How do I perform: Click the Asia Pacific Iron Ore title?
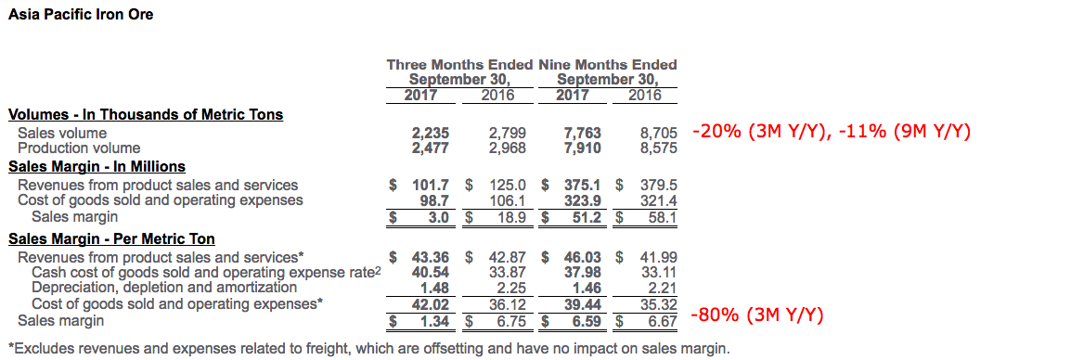(x=81, y=14)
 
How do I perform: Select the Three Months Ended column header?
(x=459, y=65)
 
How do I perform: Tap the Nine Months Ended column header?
(x=607, y=65)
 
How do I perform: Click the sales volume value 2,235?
(x=430, y=134)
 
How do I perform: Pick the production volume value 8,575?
(x=657, y=148)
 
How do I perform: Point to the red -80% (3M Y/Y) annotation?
(x=757, y=315)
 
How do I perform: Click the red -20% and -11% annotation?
(x=831, y=132)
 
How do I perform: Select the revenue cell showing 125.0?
(x=509, y=185)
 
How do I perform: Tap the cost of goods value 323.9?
(x=583, y=200)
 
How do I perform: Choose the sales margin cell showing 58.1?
(x=659, y=217)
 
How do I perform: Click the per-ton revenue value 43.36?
(x=431, y=258)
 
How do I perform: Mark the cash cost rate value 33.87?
(x=508, y=273)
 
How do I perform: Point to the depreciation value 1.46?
(x=587, y=288)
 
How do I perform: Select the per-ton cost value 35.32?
(x=658, y=303)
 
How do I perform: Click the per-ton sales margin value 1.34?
(x=435, y=319)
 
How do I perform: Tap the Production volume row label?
(x=79, y=148)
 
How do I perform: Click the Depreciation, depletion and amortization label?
(x=164, y=288)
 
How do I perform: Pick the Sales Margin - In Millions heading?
(x=97, y=167)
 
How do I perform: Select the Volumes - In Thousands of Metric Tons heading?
(x=146, y=114)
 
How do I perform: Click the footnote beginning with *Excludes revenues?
(x=368, y=349)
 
